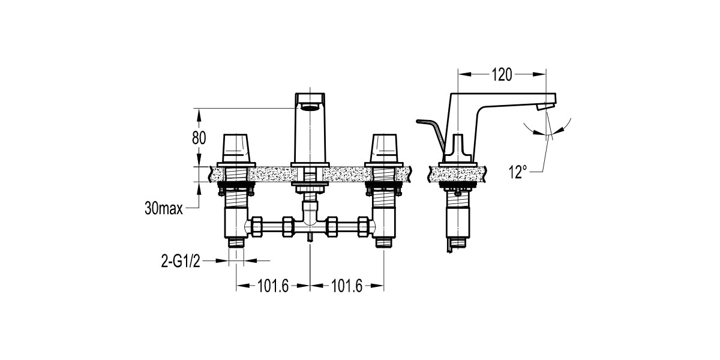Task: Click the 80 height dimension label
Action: point(199,137)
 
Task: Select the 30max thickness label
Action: point(164,209)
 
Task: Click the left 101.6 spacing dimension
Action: point(273,286)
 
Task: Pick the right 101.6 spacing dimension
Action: point(346,286)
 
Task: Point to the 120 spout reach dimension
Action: point(502,74)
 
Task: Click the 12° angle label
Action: point(518,172)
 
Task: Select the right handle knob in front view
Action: point(385,147)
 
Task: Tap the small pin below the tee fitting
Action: point(310,238)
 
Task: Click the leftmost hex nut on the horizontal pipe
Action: point(257,226)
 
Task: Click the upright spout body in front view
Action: point(310,135)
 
